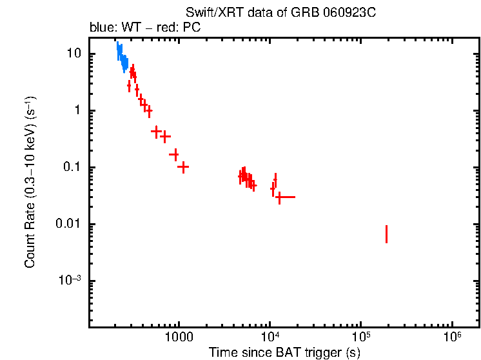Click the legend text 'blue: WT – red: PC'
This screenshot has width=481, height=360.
(x=146, y=28)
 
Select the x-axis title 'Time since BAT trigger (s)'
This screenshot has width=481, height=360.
(x=284, y=352)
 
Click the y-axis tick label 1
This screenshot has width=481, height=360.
(x=77, y=110)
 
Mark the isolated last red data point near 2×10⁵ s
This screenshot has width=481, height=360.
(x=386, y=234)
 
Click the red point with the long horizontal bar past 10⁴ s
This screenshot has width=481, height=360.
(x=279, y=197)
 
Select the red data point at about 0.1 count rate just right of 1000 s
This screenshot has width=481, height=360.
(x=183, y=167)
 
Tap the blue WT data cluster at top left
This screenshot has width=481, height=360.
(x=121, y=56)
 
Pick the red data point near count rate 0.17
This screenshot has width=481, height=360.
(x=174, y=154)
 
